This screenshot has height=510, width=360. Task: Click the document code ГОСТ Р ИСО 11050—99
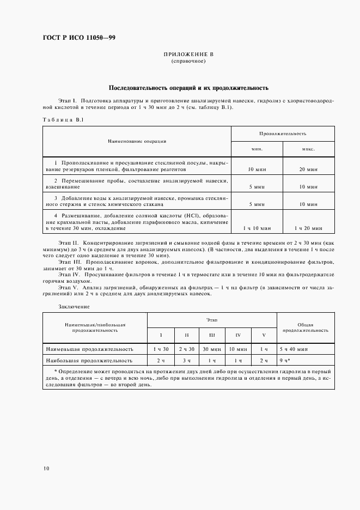(x=79, y=38)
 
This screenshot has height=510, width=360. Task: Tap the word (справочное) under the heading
(x=188, y=62)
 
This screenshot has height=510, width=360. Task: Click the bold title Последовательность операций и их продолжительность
(x=188, y=88)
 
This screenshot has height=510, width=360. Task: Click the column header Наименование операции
(x=137, y=141)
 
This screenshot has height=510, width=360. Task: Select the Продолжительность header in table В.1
(x=282, y=133)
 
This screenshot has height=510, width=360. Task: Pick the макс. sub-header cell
(x=309, y=148)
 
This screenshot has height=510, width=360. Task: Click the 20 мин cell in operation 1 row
(x=309, y=170)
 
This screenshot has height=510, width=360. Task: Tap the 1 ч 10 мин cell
(x=257, y=228)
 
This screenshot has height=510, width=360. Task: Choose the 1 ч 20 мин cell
(x=309, y=228)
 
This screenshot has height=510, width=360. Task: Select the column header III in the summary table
(x=211, y=335)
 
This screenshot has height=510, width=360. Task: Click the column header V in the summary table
(x=264, y=335)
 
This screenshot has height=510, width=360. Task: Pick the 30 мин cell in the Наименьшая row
(x=211, y=348)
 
